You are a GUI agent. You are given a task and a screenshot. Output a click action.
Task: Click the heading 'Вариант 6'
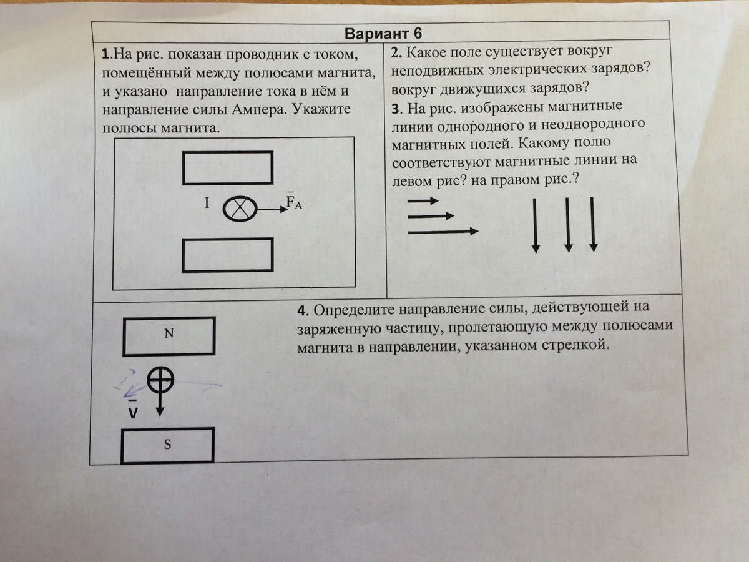click(x=381, y=33)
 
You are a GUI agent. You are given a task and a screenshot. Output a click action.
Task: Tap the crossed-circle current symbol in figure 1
click(x=239, y=209)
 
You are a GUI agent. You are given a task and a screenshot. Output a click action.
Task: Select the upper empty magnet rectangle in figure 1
click(x=227, y=168)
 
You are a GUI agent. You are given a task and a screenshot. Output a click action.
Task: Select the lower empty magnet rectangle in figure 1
click(x=227, y=255)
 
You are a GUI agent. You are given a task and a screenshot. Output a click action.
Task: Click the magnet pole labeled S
click(x=168, y=445)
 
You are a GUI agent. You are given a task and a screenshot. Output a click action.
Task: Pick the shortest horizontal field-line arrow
click(x=423, y=202)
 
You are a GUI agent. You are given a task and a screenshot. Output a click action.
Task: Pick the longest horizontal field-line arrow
click(x=443, y=232)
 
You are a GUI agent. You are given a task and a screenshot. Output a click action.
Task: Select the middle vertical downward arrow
click(x=568, y=225)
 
